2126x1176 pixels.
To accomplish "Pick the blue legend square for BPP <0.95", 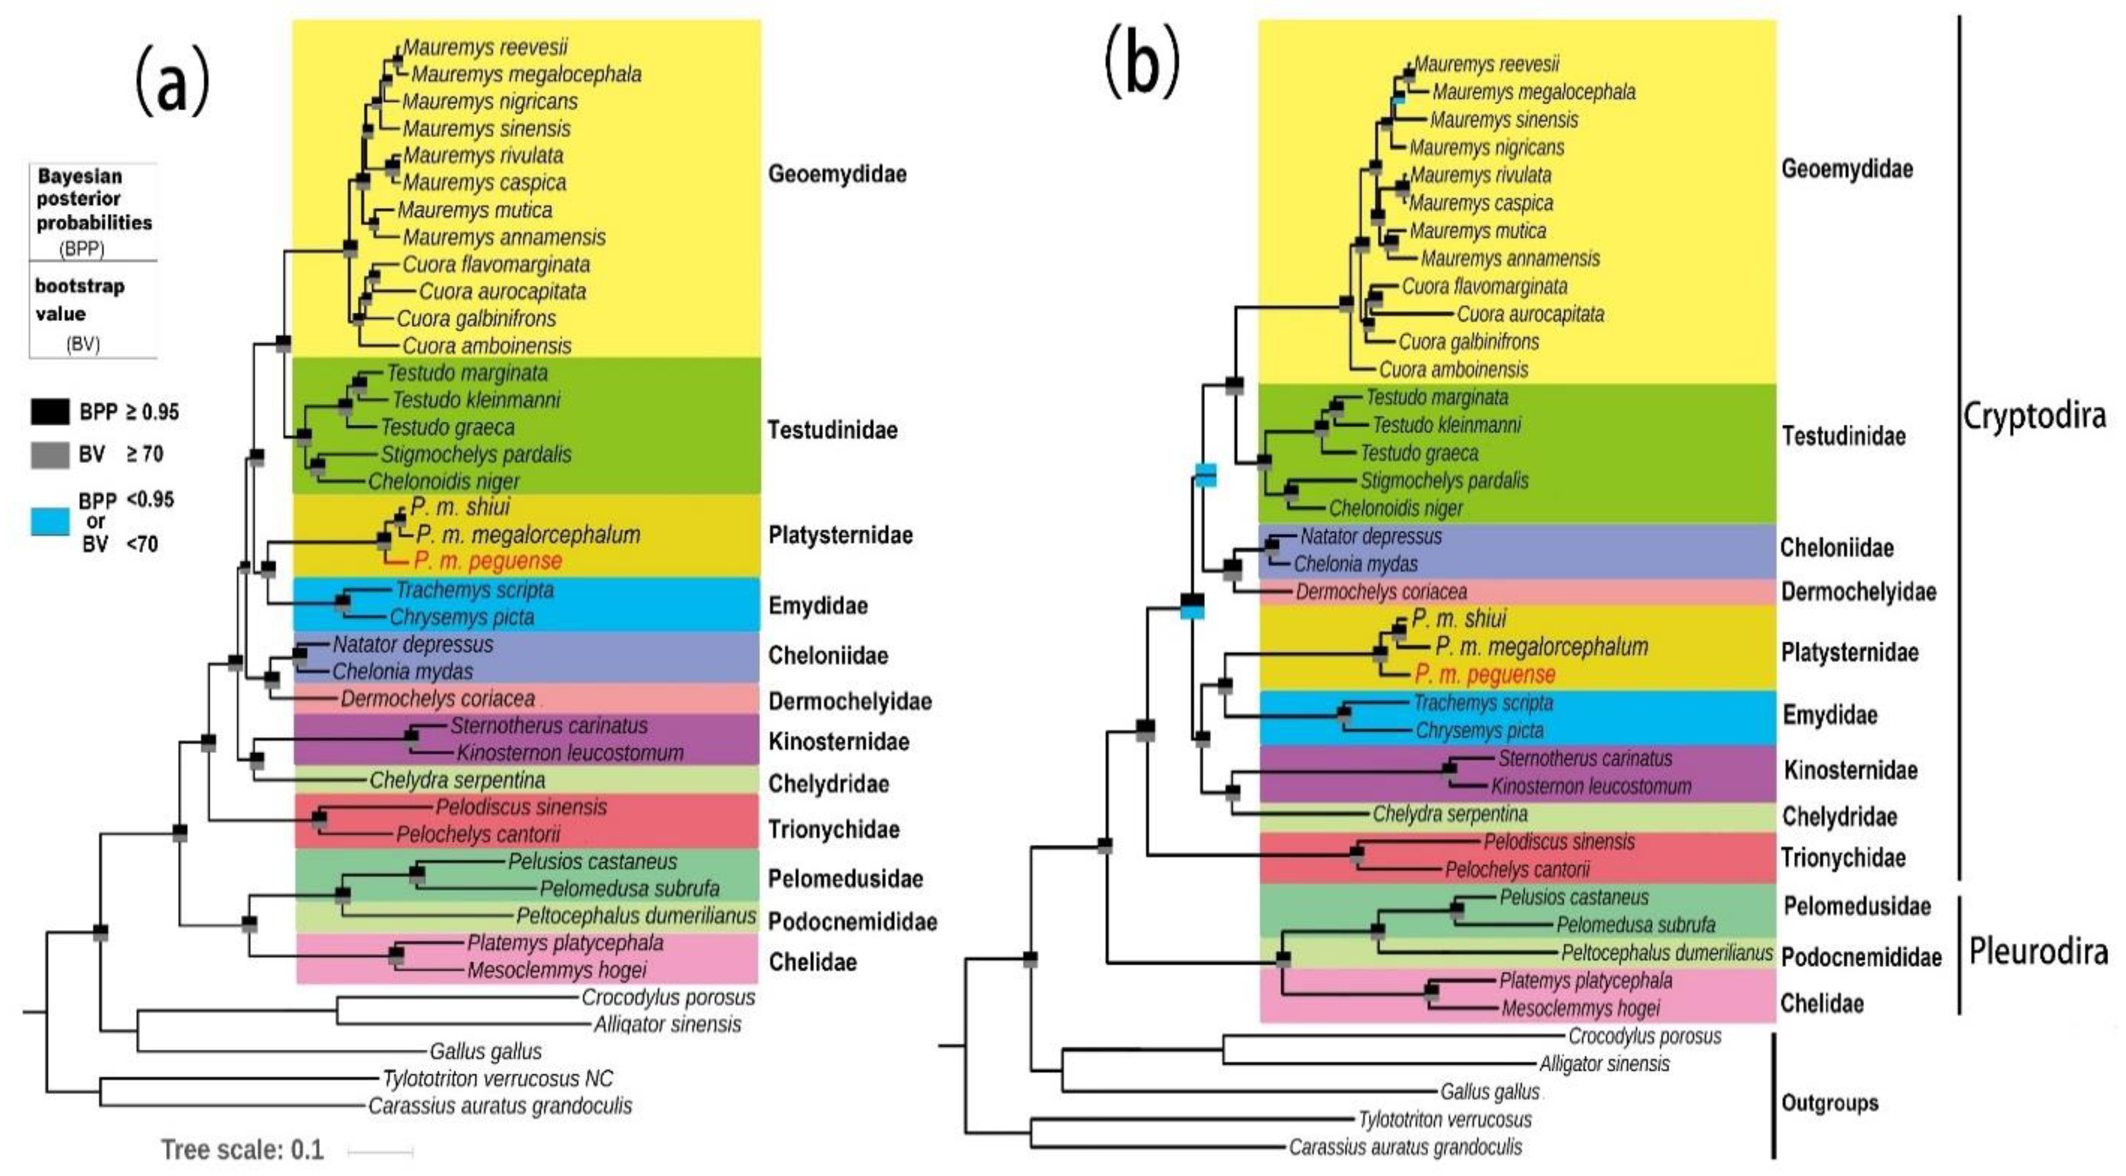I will click(x=49, y=522).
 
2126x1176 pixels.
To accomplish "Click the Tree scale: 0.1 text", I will click(x=242, y=1150).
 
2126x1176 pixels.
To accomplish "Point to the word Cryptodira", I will click(x=2034, y=416).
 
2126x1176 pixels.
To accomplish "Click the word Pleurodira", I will click(x=2038, y=951).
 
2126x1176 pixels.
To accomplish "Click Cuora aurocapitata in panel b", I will click(x=1530, y=314).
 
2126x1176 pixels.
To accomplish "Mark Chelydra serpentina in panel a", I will click(x=457, y=780).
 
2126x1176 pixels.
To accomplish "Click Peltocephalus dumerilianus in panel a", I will click(x=635, y=916).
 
